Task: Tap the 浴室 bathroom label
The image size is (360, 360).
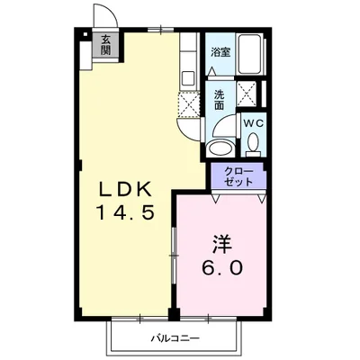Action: coord(220,52)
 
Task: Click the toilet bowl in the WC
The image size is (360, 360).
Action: coord(253,144)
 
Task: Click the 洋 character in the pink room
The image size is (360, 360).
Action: coord(221,243)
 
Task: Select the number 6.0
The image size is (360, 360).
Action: coord(221,267)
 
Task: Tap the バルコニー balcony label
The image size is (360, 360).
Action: coord(171,338)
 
